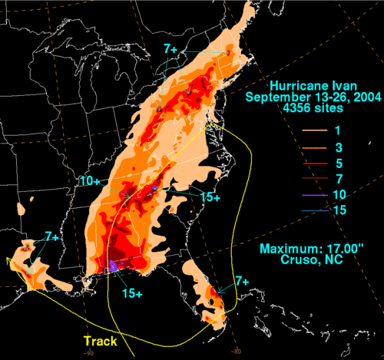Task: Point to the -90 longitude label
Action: coord(91,353)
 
